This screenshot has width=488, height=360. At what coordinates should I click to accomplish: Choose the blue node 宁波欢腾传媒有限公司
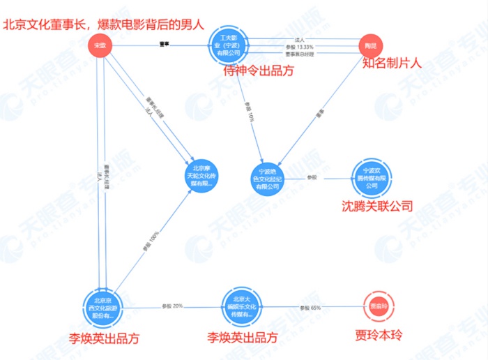(x=370, y=177)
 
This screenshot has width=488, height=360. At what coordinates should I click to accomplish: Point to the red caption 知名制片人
(x=392, y=63)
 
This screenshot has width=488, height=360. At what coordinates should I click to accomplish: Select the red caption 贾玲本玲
(x=379, y=337)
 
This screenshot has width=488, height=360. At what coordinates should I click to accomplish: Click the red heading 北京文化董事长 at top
(x=105, y=26)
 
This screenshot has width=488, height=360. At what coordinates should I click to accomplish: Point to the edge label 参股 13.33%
(x=300, y=47)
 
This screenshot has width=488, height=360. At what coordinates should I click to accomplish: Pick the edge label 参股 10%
(x=249, y=114)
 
